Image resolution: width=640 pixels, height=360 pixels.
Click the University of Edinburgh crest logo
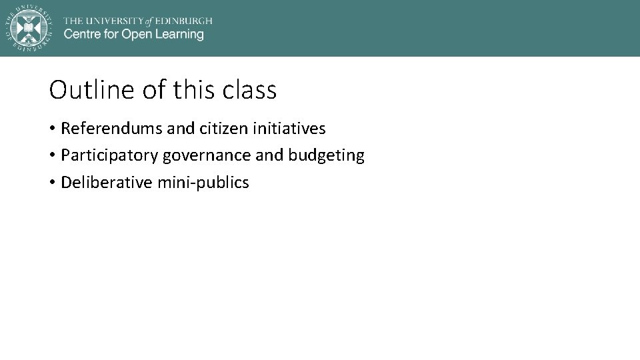(x=29, y=27)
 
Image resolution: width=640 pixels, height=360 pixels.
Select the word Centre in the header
(x=81, y=35)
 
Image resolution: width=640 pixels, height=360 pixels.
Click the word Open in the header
(x=135, y=35)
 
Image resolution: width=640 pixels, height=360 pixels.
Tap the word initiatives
(x=289, y=128)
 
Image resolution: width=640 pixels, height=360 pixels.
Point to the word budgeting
(x=326, y=156)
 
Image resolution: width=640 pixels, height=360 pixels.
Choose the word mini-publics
(x=203, y=183)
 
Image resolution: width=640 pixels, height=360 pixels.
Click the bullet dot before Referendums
(x=52, y=128)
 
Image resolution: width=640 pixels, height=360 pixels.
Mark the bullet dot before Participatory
(x=52, y=155)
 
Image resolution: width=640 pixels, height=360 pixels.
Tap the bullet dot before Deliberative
(x=52, y=183)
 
